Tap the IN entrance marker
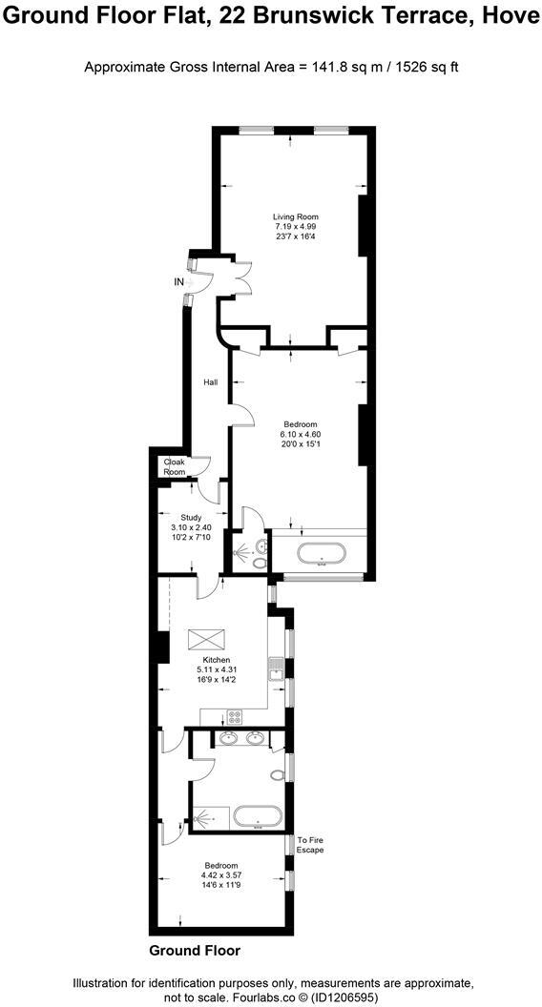pos(178,282)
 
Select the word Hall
pos(210,382)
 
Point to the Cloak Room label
pos(174,467)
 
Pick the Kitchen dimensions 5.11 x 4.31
pos(216,669)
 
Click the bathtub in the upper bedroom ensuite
pos(321,554)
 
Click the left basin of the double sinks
pos(229,737)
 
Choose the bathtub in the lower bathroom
pos(258,816)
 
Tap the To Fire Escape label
pos(310,844)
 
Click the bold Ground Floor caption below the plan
pos(195,951)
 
